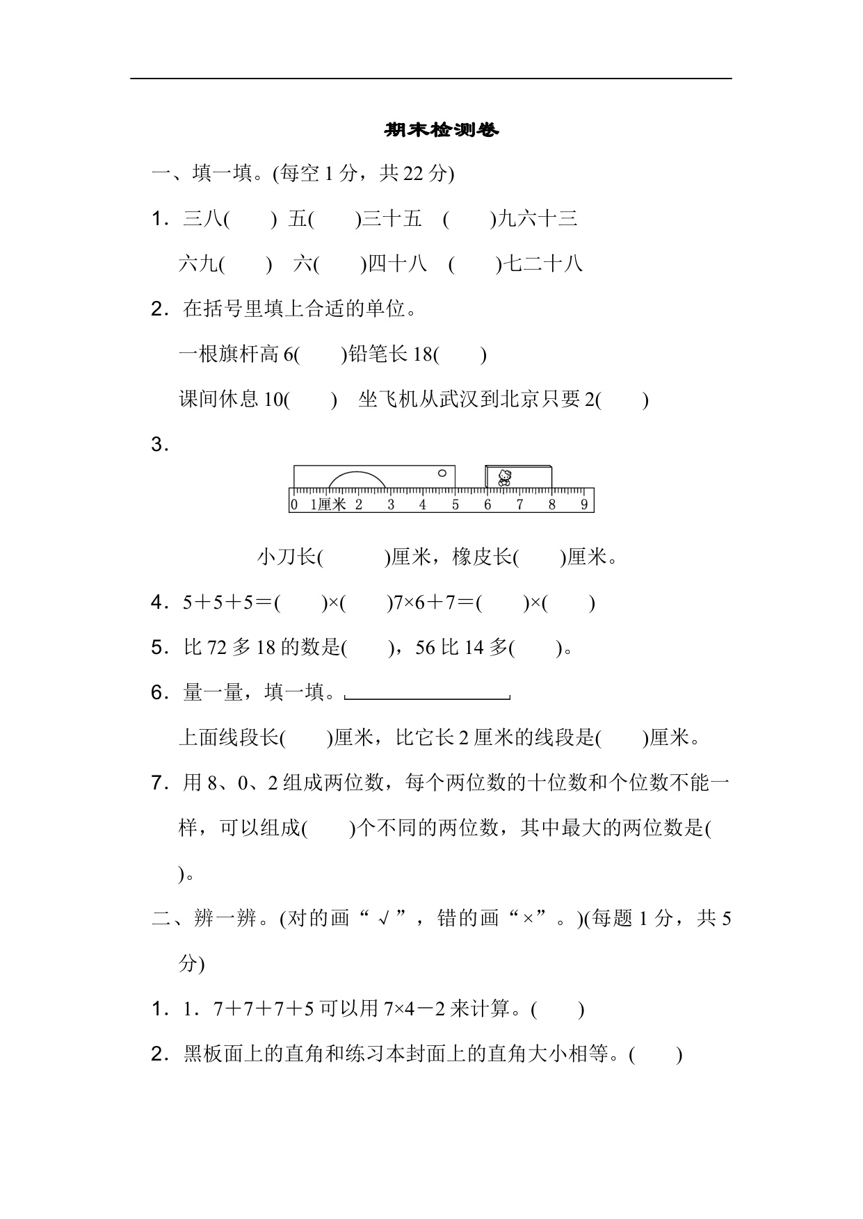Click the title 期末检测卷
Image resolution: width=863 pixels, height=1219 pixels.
click(x=442, y=130)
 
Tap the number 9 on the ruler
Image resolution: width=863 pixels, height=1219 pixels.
click(x=584, y=505)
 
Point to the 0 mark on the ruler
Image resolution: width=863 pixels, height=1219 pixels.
click(x=294, y=505)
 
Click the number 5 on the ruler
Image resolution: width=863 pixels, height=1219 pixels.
click(x=455, y=505)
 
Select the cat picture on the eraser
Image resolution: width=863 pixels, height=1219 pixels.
click(x=505, y=477)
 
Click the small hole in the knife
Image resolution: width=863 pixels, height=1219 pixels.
click(x=442, y=473)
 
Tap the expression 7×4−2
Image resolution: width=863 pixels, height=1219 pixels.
click(x=414, y=1009)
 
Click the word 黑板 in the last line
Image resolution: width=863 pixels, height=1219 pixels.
click(x=203, y=1054)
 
